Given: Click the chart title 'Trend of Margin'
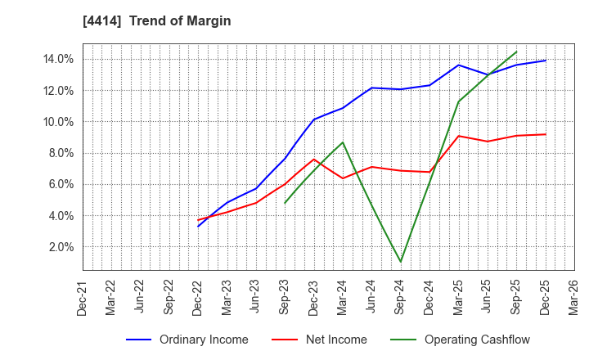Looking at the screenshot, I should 184,21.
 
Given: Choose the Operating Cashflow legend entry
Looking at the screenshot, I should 461,340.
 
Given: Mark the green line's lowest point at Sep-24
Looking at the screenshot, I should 401,263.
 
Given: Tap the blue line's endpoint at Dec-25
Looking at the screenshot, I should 545,61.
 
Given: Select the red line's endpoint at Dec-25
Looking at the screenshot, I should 545,134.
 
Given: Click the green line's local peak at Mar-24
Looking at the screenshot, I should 343,142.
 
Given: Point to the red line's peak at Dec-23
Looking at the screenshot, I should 314,159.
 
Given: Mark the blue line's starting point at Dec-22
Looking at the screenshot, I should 198,226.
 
